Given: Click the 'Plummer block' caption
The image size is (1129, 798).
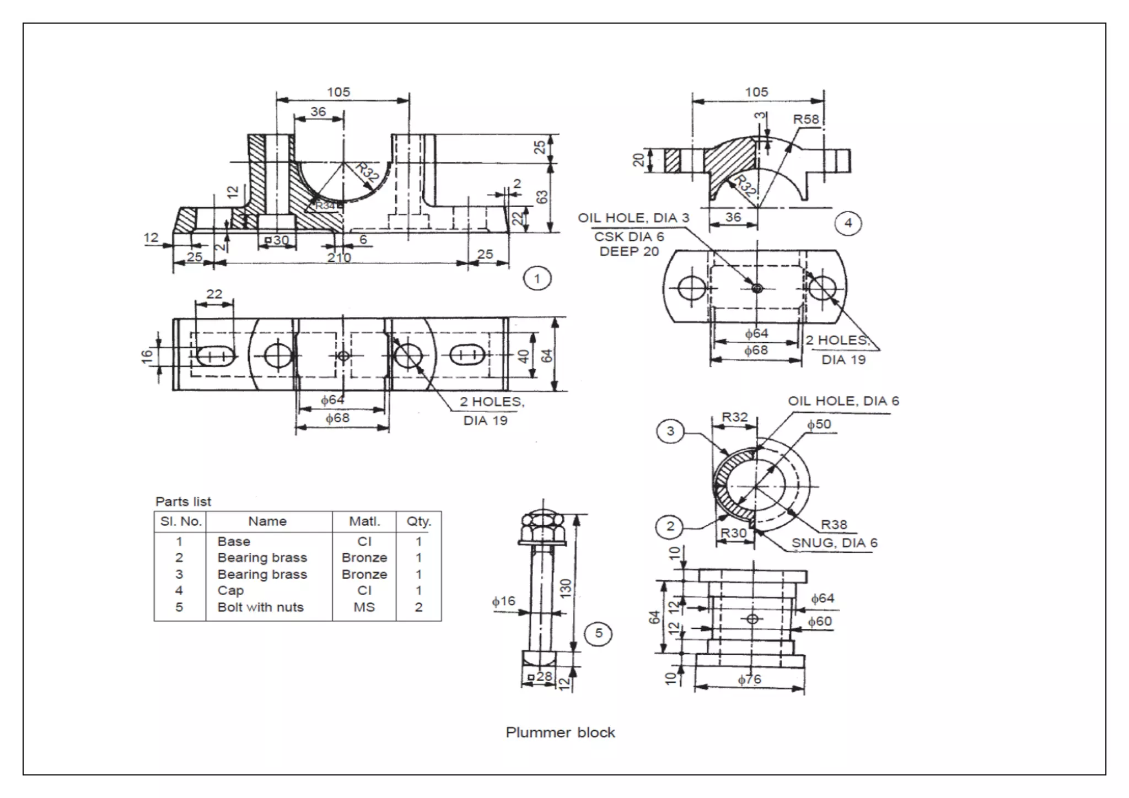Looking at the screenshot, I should click(x=560, y=732).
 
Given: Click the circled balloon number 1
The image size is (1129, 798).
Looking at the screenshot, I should click(x=537, y=278).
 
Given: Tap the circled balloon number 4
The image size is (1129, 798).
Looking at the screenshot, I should click(x=848, y=223).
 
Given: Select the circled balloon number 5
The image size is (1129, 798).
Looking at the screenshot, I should click(x=599, y=633).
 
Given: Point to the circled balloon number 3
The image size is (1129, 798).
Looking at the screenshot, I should click(x=670, y=431).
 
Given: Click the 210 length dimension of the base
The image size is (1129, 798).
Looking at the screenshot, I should click(x=339, y=257).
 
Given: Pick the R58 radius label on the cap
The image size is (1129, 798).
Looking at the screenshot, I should click(x=806, y=120).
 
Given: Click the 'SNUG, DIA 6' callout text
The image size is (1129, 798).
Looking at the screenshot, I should click(x=834, y=543).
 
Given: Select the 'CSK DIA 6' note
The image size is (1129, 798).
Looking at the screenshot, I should click(x=629, y=236).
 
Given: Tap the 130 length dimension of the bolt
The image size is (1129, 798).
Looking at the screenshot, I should click(x=565, y=589).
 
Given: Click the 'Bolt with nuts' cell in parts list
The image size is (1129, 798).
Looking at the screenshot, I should click(x=260, y=607).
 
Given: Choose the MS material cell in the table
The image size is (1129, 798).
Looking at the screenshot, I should click(x=364, y=607).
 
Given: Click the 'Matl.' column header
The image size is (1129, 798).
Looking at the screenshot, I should click(x=364, y=521).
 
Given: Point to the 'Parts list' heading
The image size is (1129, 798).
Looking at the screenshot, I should click(x=183, y=502).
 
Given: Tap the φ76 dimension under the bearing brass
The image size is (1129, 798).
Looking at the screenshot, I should click(x=749, y=680).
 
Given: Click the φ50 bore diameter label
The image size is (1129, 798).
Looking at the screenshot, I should click(x=819, y=424).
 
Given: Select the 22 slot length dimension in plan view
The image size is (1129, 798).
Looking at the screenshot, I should click(x=214, y=294).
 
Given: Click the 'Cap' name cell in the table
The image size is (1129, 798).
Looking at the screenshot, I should click(x=230, y=591).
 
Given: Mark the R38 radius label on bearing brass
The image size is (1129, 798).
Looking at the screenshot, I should click(x=834, y=525).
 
